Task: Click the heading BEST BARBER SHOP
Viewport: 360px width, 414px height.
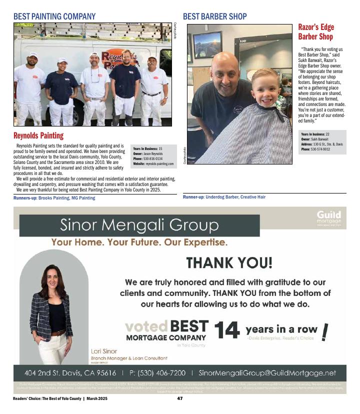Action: click(214, 16)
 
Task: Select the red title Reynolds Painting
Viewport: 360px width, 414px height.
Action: click(38, 135)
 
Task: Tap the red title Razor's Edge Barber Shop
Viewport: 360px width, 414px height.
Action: click(315, 31)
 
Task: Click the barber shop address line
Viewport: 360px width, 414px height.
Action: click(321, 144)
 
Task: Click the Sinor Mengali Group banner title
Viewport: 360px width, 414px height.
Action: click(138, 225)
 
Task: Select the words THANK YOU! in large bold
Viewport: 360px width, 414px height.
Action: click(229, 262)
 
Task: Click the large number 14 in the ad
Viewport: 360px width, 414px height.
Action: click(227, 330)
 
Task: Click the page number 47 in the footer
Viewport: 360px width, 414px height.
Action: click(180, 398)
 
